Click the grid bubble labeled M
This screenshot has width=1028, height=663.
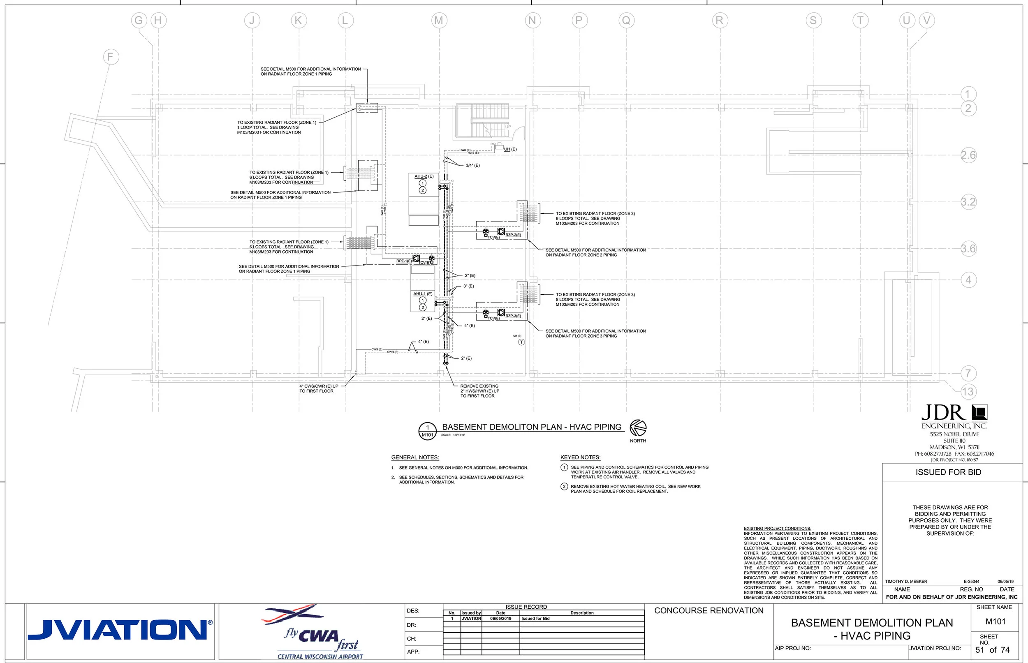439,20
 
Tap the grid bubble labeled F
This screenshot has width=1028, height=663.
111,57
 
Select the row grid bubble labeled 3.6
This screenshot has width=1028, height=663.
968,248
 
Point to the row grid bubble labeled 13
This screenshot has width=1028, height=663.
968,391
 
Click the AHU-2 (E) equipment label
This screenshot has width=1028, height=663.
424,176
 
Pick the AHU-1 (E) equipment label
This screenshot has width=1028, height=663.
422,293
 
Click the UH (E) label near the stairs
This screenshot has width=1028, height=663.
510,149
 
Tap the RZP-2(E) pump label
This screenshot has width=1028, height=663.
513,235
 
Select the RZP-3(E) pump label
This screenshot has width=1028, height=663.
513,316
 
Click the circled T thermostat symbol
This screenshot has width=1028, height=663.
521,342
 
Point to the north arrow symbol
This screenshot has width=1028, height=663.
638,428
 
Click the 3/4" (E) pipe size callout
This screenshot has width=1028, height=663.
472,165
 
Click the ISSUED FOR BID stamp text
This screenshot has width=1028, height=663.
948,472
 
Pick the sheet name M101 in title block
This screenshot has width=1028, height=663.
995,621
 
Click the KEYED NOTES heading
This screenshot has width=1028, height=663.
580,457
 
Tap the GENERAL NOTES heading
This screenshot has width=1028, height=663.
415,457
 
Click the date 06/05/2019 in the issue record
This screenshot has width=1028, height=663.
500,619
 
